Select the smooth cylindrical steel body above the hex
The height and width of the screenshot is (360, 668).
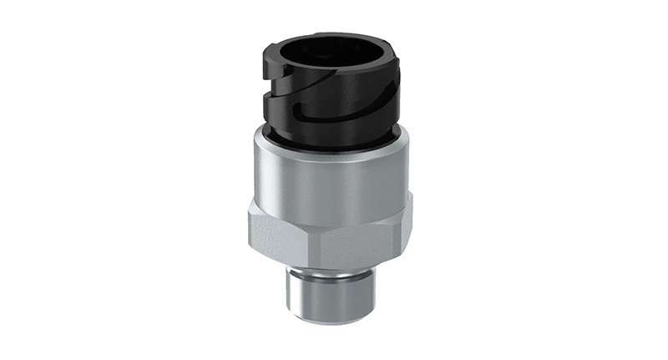(x=334, y=171)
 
